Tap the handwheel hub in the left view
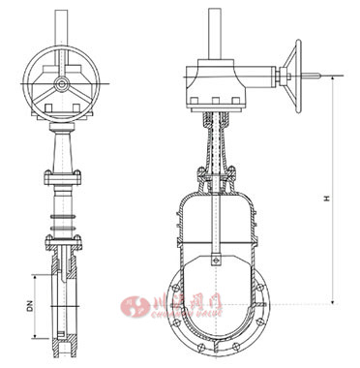pyautogui.click(x=61, y=85)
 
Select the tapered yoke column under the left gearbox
pyautogui.click(x=60, y=150)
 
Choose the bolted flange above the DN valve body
pyautogui.click(x=60, y=236)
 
